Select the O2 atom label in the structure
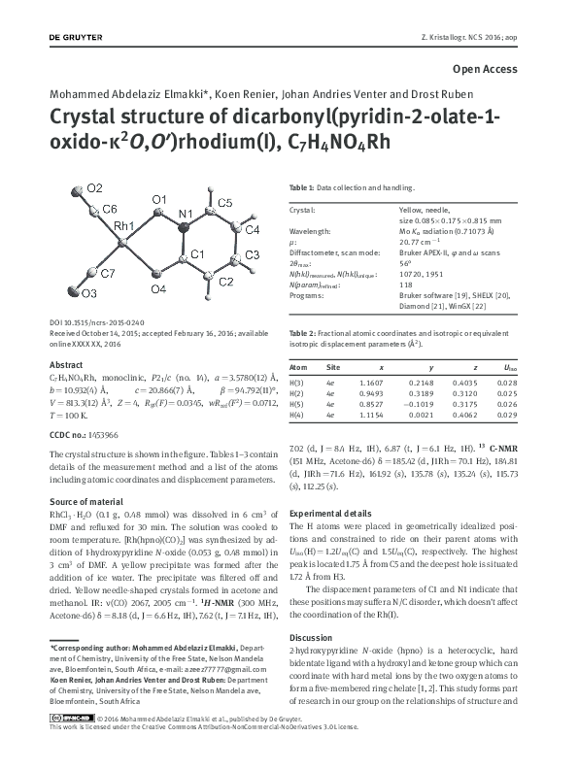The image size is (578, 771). point(94,186)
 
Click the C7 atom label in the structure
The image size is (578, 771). point(107,274)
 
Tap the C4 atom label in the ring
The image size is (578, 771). point(251,230)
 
